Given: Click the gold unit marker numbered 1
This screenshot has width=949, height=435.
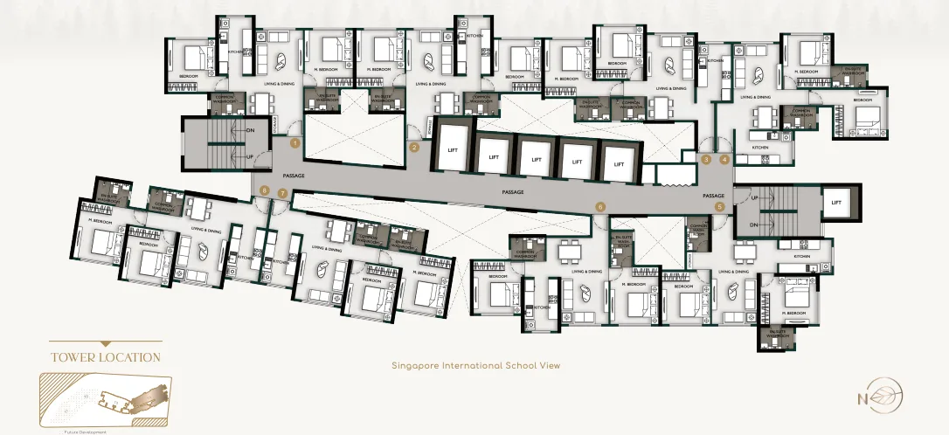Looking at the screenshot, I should tap(295, 142).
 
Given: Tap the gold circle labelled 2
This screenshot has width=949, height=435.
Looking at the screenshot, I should tap(414, 148).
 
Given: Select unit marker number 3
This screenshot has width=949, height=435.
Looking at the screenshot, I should tap(706, 159).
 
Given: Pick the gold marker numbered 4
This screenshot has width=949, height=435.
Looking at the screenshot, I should tap(724, 159).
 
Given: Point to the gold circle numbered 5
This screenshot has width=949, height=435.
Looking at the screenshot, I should tap(720, 207).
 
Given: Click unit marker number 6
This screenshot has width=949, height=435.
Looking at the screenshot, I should tap(600, 206).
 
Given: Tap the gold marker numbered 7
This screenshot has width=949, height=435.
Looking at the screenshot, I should tap(282, 193).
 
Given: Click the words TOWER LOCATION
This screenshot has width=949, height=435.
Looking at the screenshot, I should tap(106, 357).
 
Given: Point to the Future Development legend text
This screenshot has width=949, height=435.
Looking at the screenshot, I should tap(86, 432).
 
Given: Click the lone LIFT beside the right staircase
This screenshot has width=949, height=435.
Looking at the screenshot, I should tap(836, 203).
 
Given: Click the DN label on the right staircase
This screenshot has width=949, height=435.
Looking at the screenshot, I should tap(755, 224).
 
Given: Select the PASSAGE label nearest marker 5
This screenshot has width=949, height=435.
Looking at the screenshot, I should tap(714, 195).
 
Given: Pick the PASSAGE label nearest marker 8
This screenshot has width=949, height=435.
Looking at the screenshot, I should tap(294, 176).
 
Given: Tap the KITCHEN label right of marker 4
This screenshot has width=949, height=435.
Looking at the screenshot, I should tap(759, 148).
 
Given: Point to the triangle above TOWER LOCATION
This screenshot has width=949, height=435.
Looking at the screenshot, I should tap(106, 344).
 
